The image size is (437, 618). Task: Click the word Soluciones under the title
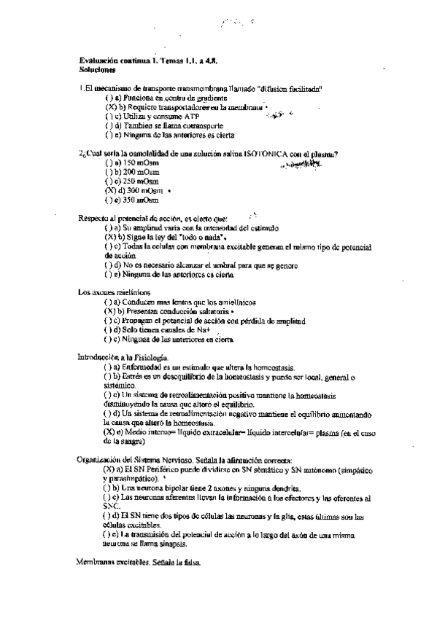tap(97, 71)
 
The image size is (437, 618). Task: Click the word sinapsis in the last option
tap(171, 544)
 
